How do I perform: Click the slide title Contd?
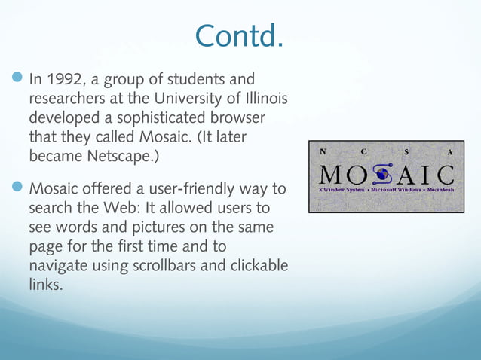240,35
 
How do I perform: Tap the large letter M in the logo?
332,175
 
